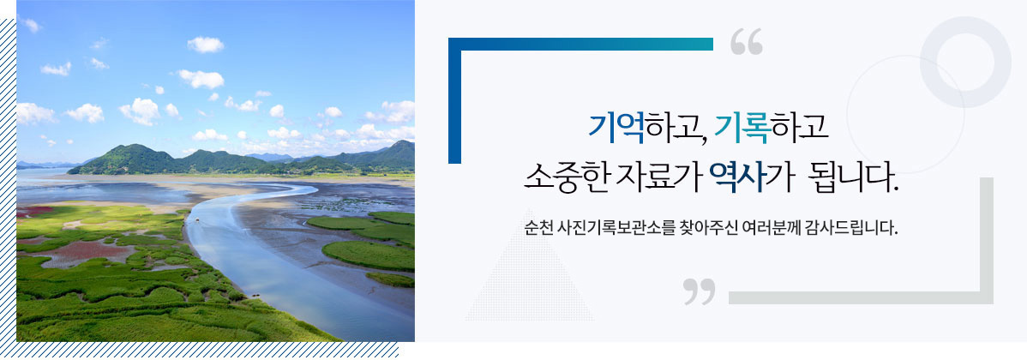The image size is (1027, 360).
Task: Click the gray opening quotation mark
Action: (x=746, y=43)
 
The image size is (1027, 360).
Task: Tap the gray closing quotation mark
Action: (x=700, y=291)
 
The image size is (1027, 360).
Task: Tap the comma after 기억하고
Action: (x=701, y=137)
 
